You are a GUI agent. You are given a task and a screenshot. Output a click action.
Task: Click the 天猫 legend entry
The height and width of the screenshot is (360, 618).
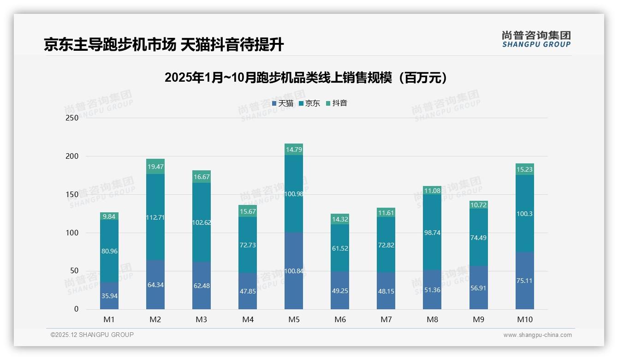click(283, 103)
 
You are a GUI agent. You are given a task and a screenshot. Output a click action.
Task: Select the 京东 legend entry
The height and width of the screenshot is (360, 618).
click(309, 103)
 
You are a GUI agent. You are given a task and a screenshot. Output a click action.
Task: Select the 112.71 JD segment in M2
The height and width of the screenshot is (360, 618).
click(155, 217)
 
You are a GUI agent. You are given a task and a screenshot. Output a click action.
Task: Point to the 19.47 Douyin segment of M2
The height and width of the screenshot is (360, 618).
click(155, 167)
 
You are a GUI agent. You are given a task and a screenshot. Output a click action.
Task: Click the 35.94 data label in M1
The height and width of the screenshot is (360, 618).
click(109, 296)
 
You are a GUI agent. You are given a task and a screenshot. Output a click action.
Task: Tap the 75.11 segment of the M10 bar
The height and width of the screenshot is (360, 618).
click(524, 280)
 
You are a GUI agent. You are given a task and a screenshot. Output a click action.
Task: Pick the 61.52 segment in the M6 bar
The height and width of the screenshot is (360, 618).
click(340, 248)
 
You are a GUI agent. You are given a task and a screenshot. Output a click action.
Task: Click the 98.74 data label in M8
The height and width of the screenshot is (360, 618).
click(432, 233)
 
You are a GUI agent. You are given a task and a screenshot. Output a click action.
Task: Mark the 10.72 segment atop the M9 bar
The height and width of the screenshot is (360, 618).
click(478, 204)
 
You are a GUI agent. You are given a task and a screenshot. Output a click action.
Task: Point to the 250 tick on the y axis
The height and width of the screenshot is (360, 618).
click(72, 118)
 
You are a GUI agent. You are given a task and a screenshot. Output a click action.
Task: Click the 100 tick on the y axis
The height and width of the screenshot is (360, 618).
click(72, 233)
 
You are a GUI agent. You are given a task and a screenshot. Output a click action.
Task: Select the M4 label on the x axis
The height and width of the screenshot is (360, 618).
click(248, 319)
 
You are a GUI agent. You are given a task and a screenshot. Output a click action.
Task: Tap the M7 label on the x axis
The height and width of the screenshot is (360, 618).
click(386, 319)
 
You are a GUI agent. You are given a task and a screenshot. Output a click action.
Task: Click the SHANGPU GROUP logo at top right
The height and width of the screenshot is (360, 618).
click(536, 39)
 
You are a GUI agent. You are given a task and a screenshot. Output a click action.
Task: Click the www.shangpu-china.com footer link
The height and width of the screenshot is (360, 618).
click(537, 335)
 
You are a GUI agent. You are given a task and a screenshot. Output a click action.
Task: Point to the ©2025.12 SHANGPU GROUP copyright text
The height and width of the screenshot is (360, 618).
click(92, 335)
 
